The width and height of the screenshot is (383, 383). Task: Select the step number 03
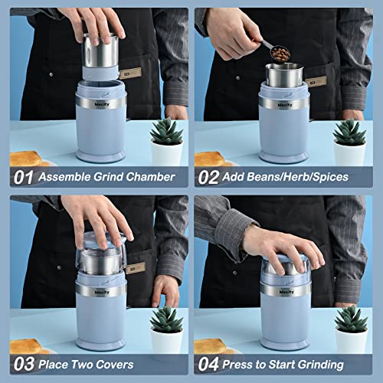pyautogui.click(x=23, y=364)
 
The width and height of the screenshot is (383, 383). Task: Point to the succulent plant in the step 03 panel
pyautogui.click(x=166, y=322)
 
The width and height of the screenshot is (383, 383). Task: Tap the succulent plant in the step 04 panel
pyautogui.click(x=350, y=322)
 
